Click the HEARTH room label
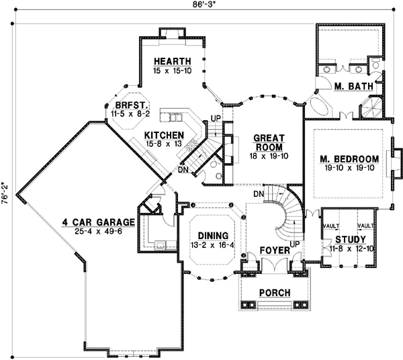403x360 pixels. tap(173, 61)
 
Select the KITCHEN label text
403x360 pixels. tap(164, 135)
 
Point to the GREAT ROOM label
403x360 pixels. tap(269, 142)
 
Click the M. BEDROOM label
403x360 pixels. tap(349, 159)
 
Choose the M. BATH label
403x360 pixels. tap(354, 87)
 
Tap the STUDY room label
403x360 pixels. tap(351, 240)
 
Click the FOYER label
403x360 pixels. tap(275, 251)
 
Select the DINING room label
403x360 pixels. tap(213, 236)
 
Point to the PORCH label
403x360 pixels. tap(275, 293)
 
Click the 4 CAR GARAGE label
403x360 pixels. tap(99, 222)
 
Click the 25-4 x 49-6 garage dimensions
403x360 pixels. tap(99, 231)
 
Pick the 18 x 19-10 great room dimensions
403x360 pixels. tap(269, 156)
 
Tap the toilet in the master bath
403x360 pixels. tap(375, 63)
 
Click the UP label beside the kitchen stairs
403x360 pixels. tap(216, 118)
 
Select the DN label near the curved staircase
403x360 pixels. tap(259, 194)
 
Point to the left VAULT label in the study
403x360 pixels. tap(331, 226)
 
